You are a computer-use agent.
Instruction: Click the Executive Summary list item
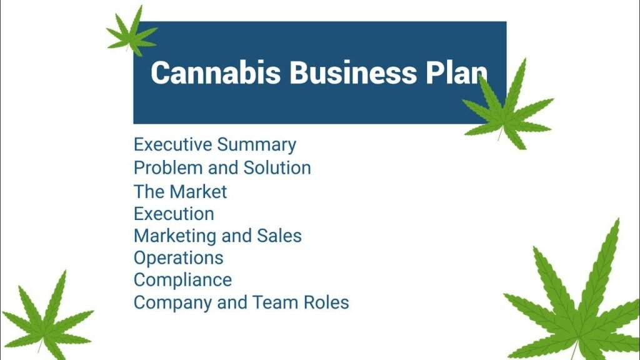215,145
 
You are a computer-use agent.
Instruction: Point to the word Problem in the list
164,168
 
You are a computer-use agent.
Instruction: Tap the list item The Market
180,191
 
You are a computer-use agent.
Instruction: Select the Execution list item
174,214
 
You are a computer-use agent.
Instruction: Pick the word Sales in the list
279,236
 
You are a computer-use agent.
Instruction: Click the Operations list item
178,258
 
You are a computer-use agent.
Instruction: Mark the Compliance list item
182,280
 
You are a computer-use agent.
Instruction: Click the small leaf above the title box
132,34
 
